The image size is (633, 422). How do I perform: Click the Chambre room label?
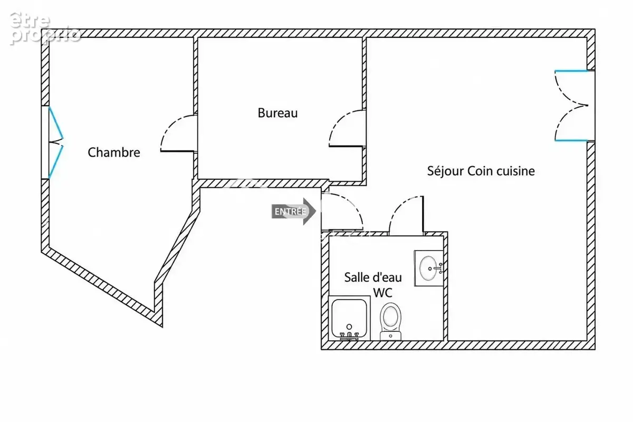click(114, 152)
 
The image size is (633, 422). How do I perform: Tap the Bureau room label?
click(278, 113)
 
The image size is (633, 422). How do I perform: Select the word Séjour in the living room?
click(445, 171)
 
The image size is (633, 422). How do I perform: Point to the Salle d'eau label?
click(373, 277)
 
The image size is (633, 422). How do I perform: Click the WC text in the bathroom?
click(382, 293)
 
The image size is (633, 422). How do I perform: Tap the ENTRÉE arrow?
click(294, 212)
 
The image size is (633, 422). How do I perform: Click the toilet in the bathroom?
click(390, 321)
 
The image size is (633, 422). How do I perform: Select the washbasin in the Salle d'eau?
click(428, 268)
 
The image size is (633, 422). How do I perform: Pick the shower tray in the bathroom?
click(349, 318)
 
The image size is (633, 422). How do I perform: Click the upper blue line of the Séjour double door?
click(571, 71)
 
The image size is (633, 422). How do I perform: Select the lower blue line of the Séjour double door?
click(571, 140)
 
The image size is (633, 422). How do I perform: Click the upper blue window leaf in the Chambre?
click(56, 123)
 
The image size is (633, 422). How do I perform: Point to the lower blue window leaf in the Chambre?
click(56, 162)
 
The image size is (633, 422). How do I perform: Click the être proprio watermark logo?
click(45, 28)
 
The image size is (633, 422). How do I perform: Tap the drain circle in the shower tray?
click(349, 327)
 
